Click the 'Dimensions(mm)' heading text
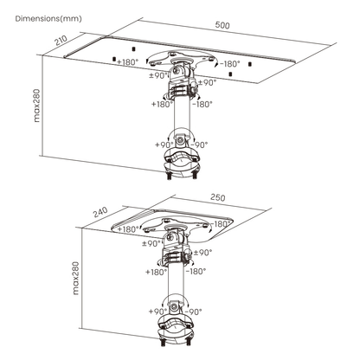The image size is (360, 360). [48, 19]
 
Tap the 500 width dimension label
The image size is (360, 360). [222, 25]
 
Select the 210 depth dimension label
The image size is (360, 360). [61, 41]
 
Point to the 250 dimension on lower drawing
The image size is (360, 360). [218, 197]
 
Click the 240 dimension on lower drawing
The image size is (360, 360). [100, 212]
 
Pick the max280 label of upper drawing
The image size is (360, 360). [37, 105]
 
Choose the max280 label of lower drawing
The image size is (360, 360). [75, 278]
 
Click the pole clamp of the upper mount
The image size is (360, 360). [181, 162]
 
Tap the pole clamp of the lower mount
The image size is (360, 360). [176, 329]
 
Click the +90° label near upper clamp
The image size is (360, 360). [164, 145]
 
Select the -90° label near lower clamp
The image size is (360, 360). [193, 312]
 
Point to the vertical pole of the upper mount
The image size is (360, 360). [182, 115]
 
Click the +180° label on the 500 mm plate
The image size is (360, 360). [128, 62]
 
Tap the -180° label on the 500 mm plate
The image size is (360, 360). [230, 64]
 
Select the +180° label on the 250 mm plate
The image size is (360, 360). [128, 229]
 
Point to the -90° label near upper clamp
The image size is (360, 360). [200, 145]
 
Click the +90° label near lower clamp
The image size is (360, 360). [158, 312]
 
